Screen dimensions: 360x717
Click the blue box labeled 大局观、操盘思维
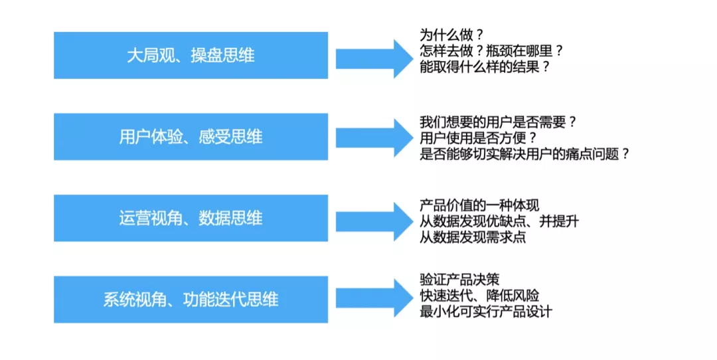coord(191,55)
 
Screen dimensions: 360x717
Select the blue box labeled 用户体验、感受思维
coord(191,137)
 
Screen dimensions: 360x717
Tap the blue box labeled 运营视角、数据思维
coord(191,219)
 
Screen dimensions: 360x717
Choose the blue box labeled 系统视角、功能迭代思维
coord(191,300)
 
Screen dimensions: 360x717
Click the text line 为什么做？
coord(451,35)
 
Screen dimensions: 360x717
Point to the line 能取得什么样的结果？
coord(485,66)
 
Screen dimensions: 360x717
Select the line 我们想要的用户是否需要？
coord(498,122)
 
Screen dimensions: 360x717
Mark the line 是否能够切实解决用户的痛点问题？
coord(524,154)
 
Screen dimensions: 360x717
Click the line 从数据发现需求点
coord(473,236)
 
